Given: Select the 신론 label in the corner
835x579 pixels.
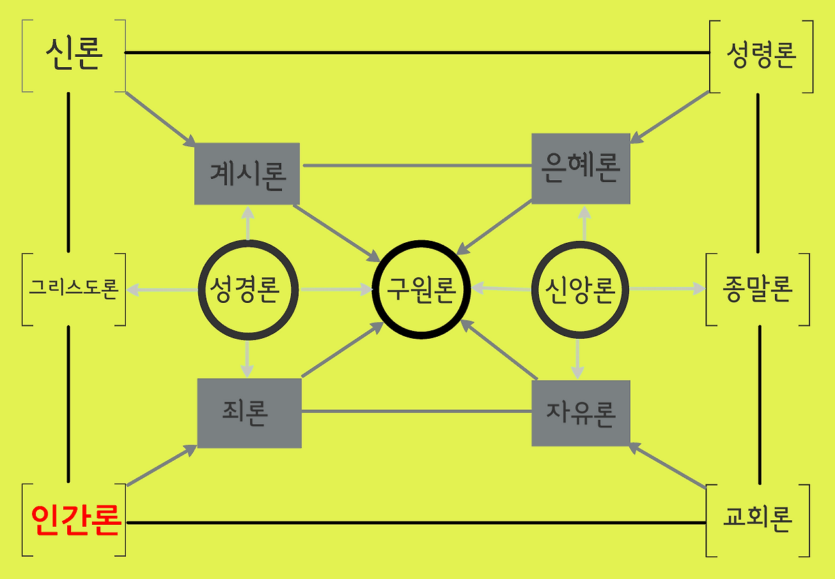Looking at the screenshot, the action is (74, 55).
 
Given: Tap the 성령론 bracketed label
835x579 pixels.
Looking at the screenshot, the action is (761, 56).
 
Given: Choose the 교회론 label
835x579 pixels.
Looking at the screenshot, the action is (758, 520).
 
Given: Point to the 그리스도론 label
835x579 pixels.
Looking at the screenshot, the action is (73, 289).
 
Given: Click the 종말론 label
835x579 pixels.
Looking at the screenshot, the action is (757, 289).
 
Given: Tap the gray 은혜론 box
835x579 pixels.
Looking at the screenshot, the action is (581, 168).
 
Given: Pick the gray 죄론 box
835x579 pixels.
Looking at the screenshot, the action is (249, 413).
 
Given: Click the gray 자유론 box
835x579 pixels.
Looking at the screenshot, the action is (581, 413).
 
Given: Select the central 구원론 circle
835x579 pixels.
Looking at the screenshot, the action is (421, 289).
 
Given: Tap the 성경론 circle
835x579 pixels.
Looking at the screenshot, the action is (247, 289).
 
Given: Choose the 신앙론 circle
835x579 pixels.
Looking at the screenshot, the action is (580, 289).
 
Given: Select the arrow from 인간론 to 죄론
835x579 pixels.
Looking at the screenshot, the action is (162, 465).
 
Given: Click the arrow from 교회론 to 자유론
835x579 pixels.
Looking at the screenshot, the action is (669, 467).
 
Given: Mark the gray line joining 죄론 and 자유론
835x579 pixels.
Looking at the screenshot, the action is (416, 411).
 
